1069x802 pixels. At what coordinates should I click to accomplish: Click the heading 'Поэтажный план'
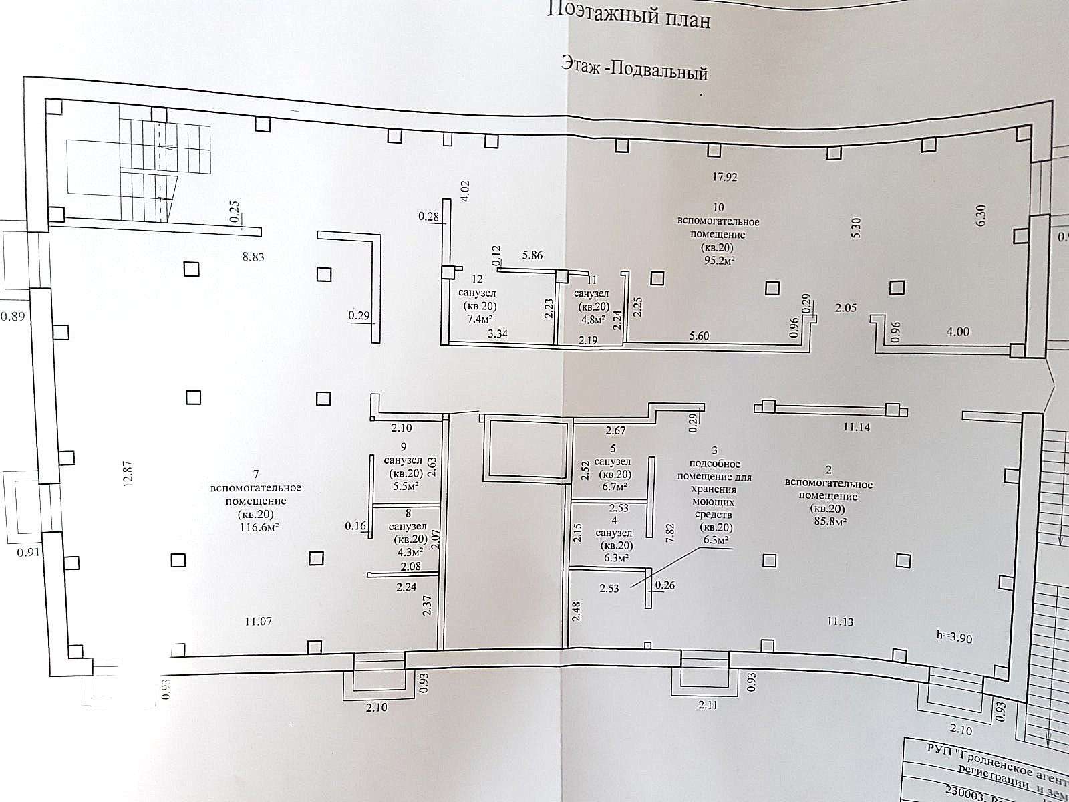coord(630,15)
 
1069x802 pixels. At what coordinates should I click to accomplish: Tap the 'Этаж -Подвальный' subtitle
coord(634,70)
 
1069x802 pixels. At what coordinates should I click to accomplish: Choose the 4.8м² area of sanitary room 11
coord(591,319)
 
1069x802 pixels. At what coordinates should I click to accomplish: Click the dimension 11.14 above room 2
coord(857,428)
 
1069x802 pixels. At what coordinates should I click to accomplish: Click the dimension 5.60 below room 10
coord(698,336)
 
